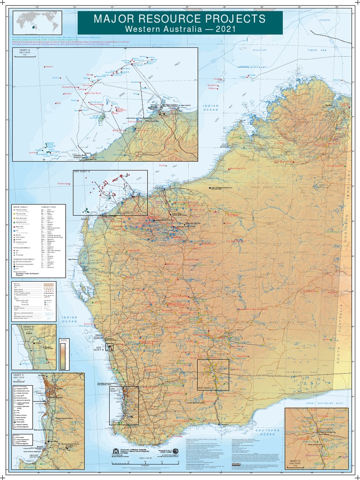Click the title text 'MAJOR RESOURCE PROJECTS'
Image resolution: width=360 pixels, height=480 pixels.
(x=180, y=19)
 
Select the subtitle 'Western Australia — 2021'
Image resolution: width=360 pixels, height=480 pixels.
(x=180, y=29)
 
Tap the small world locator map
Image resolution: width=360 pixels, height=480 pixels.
(x=37, y=21)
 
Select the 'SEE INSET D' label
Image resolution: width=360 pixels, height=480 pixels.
(x=206, y=388)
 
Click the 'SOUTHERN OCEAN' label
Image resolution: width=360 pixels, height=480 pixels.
(x=268, y=432)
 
